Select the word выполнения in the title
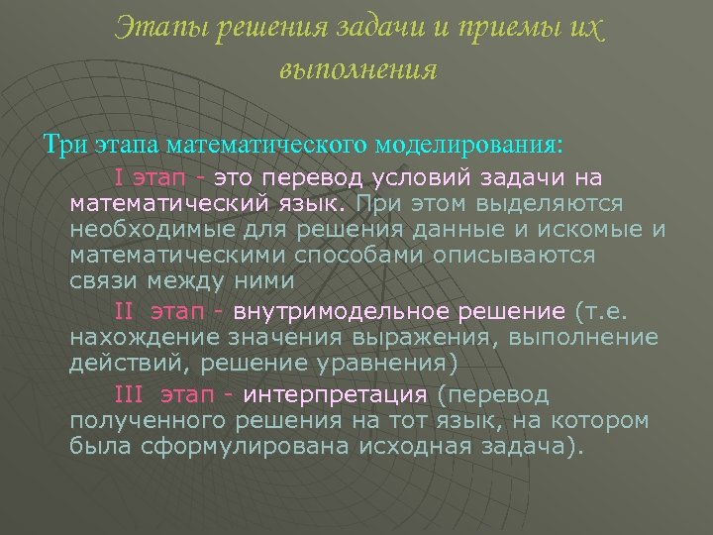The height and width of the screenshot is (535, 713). pyautogui.click(x=358, y=70)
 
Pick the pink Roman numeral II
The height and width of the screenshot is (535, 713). pyautogui.click(x=124, y=311)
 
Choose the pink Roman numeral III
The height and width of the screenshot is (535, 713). pyautogui.click(x=129, y=395)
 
